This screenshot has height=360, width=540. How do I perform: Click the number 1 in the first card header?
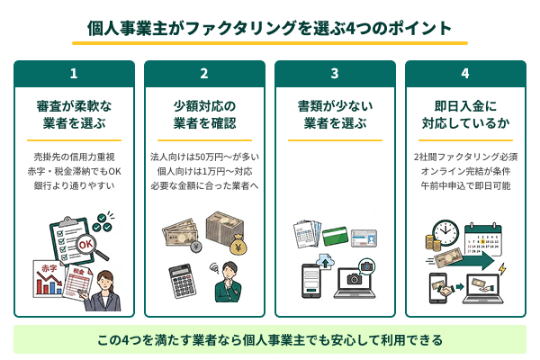[x=74, y=74]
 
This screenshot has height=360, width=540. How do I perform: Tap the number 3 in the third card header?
[x=335, y=74]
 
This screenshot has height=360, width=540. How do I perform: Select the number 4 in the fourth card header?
[x=465, y=74]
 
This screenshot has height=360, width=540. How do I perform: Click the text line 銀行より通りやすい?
[x=74, y=185]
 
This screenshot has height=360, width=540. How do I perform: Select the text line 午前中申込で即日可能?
[x=465, y=185]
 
